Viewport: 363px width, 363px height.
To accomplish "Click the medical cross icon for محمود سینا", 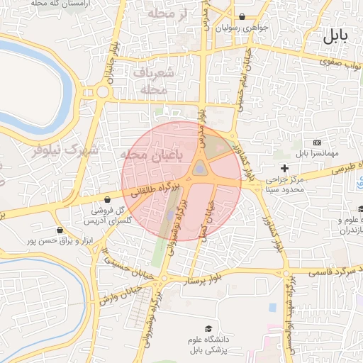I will [285, 169].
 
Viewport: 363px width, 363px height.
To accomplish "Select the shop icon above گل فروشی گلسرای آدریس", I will [107, 199].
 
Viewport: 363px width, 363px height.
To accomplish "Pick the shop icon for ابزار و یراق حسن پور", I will [59, 230].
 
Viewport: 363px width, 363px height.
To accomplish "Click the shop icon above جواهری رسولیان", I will [242, 16].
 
